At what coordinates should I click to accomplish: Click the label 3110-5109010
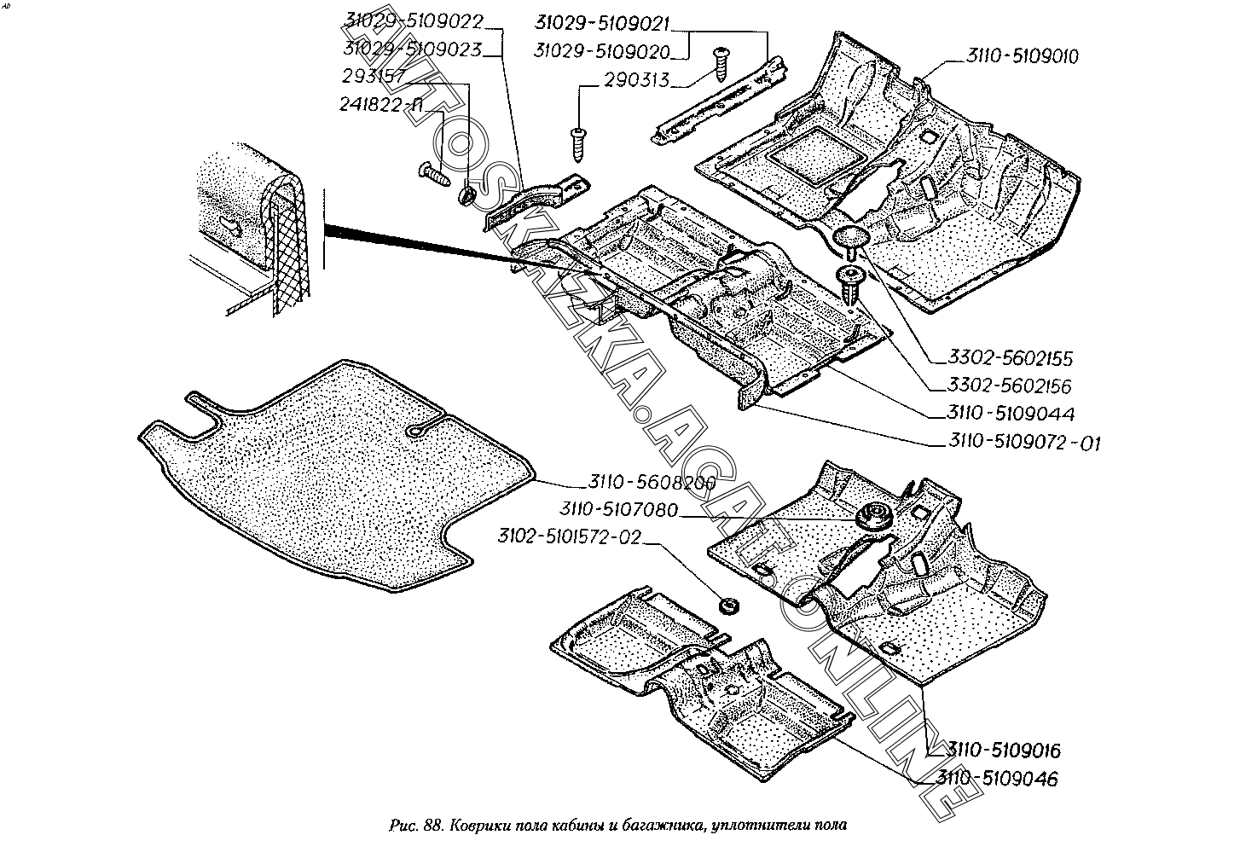click(x=1023, y=56)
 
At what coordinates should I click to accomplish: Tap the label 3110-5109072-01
click(x=1024, y=443)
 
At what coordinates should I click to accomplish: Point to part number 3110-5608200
click(x=651, y=483)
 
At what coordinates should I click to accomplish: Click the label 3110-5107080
click(x=619, y=509)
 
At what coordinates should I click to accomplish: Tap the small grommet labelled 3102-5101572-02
click(x=728, y=606)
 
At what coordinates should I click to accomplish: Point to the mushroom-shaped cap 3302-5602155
click(x=850, y=237)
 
